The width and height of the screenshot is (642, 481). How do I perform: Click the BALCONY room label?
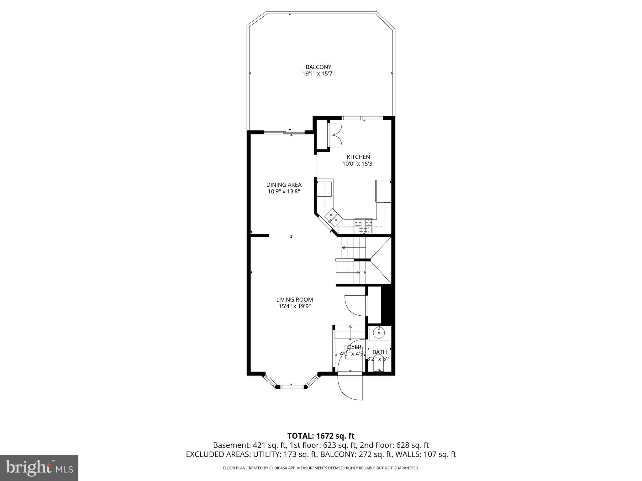tap(318, 67)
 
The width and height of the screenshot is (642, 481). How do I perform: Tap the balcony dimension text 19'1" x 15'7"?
tap(318, 74)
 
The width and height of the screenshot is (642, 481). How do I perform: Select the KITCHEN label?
tap(358, 157)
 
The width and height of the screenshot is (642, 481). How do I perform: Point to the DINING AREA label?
tap(284, 185)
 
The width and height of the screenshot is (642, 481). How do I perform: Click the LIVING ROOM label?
tap(294, 300)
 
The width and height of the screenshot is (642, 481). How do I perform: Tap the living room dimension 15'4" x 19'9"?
tap(294, 307)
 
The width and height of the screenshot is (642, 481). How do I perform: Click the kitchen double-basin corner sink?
tap(332, 218)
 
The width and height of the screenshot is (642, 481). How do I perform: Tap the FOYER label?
tap(353, 347)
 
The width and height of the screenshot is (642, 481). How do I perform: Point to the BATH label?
tap(380, 352)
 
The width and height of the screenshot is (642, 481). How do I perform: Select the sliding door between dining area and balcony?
tap(284, 133)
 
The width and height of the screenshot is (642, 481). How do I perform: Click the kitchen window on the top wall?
tap(362, 118)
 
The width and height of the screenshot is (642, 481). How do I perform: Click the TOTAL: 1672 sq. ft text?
tap(321, 436)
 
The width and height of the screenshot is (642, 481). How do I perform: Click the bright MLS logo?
tap(39, 468)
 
